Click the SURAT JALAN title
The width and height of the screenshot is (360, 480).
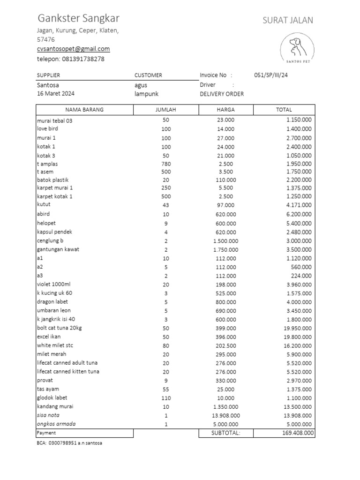pyautogui.click(x=288, y=20)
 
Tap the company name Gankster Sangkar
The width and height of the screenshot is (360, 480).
pyautogui.click(x=78, y=19)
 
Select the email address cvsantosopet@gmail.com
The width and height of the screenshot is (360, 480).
pyautogui.click(x=73, y=49)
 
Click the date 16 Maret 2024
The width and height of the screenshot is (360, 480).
pyautogui.click(x=55, y=93)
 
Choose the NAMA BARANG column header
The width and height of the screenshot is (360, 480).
pyautogui.click(x=84, y=110)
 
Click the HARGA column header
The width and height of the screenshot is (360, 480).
pyautogui.click(x=225, y=110)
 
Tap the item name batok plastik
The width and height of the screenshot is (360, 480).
pyautogui.click(x=53, y=180)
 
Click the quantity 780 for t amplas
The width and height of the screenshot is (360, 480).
pyautogui.click(x=166, y=164)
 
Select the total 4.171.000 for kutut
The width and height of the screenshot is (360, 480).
pyautogui.click(x=299, y=205)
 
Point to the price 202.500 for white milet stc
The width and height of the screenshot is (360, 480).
pyautogui.click(x=225, y=345)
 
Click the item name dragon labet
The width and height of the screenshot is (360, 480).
pyautogui.click(x=52, y=301)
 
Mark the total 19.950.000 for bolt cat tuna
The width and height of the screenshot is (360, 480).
pyautogui.click(x=297, y=328)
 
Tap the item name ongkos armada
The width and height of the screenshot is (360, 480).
pyautogui.click(x=56, y=424)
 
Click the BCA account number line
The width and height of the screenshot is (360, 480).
pyautogui.click(x=69, y=443)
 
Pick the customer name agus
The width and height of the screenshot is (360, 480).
pyautogui.click(x=141, y=85)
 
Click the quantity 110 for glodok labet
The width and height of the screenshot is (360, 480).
pyautogui.click(x=166, y=398)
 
